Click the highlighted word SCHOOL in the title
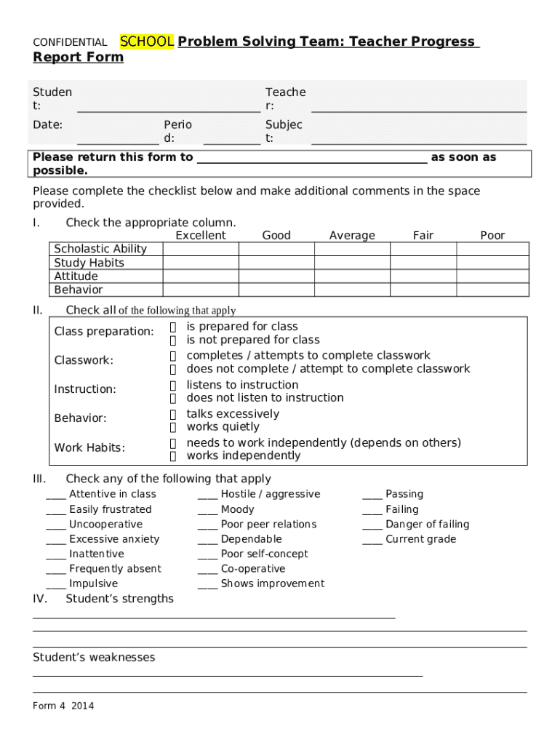point(146,42)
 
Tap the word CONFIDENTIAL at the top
point(70,43)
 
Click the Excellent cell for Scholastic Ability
point(200,249)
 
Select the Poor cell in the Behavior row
point(492,290)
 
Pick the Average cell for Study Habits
point(352,263)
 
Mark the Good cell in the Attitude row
point(276,276)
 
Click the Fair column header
point(423,235)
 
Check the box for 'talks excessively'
point(174,414)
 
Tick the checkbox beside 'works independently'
point(174,456)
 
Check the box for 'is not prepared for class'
point(174,340)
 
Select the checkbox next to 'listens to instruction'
point(174,385)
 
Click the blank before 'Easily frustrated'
point(56,510)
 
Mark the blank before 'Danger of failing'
point(372,525)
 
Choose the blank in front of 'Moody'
point(208,510)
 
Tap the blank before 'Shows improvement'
point(208,584)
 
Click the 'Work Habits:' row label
point(89,447)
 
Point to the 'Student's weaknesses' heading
point(94,658)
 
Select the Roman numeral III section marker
point(39,479)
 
